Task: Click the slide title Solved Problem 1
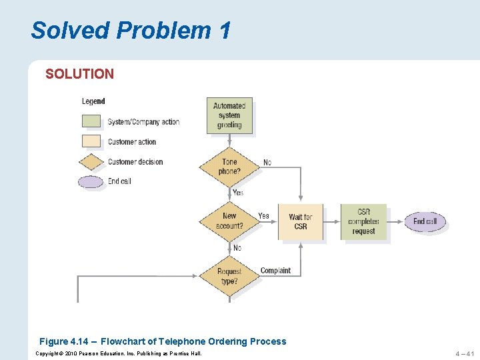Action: [131, 30]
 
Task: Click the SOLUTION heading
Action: [79, 74]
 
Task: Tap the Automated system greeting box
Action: [229, 115]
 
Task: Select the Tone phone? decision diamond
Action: [229, 167]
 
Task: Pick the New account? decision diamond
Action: [229, 221]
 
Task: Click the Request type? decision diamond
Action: [229, 276]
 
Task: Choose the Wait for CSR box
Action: [300, 221]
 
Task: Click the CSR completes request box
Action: [363, 221]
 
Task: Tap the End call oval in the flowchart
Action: [425, 221]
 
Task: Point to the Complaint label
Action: [275, 271]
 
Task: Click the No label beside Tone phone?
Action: [267, 163]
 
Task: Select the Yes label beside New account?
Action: [264, 215]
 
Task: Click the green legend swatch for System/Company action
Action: [91, 121]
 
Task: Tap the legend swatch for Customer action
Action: [91, 141]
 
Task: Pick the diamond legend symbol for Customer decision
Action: [91, 161]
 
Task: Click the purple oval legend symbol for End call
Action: [91, 181]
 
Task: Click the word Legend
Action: [93, 101]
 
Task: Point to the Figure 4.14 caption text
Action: [163, 341]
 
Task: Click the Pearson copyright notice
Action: [119, 353]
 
